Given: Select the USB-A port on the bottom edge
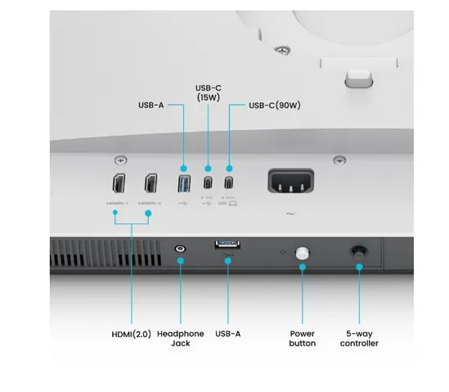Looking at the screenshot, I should click(227, 245).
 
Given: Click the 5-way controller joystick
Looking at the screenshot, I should click(357, 253).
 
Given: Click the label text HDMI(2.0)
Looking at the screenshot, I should click(131, 334).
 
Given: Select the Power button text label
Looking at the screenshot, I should click(303, 338).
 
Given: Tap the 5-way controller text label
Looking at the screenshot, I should click(359, 338).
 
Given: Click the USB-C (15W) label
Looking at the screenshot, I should click(209, 92).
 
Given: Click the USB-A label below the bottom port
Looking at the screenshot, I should click(228, 334).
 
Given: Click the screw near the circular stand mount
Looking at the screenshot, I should click(281, 50).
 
